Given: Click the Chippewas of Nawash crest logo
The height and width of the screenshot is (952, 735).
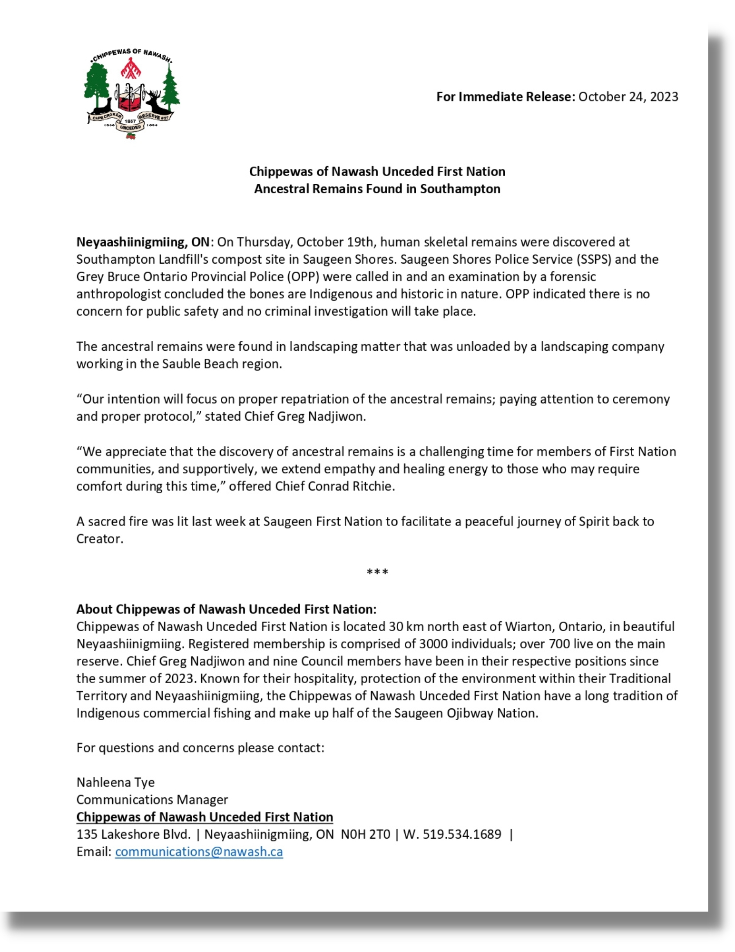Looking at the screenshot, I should point(132,94).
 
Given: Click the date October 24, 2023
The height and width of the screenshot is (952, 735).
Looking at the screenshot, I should point(628,97).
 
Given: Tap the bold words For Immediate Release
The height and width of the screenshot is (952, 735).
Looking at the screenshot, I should point(505,97).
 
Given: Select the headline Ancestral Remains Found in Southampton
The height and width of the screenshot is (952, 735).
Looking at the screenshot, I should point(377,189).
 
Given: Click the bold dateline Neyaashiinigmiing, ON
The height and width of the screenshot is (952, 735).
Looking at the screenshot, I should point(143,242).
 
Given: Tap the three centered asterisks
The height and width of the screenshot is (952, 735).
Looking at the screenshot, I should point(377,572).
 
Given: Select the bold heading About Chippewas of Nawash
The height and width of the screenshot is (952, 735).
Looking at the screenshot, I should point(226,609).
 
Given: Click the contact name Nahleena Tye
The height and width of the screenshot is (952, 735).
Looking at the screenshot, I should point(116,782).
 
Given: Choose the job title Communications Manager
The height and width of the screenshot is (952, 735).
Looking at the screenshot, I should point(152,800).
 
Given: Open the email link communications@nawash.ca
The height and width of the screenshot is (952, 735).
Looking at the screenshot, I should point(199,852).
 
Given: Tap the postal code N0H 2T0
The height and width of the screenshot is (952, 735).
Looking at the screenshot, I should point(365,834).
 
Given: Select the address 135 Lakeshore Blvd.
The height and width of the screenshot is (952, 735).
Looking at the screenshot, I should point(133,834).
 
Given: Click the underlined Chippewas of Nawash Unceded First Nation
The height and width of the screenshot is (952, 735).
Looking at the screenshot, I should point(205,817).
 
